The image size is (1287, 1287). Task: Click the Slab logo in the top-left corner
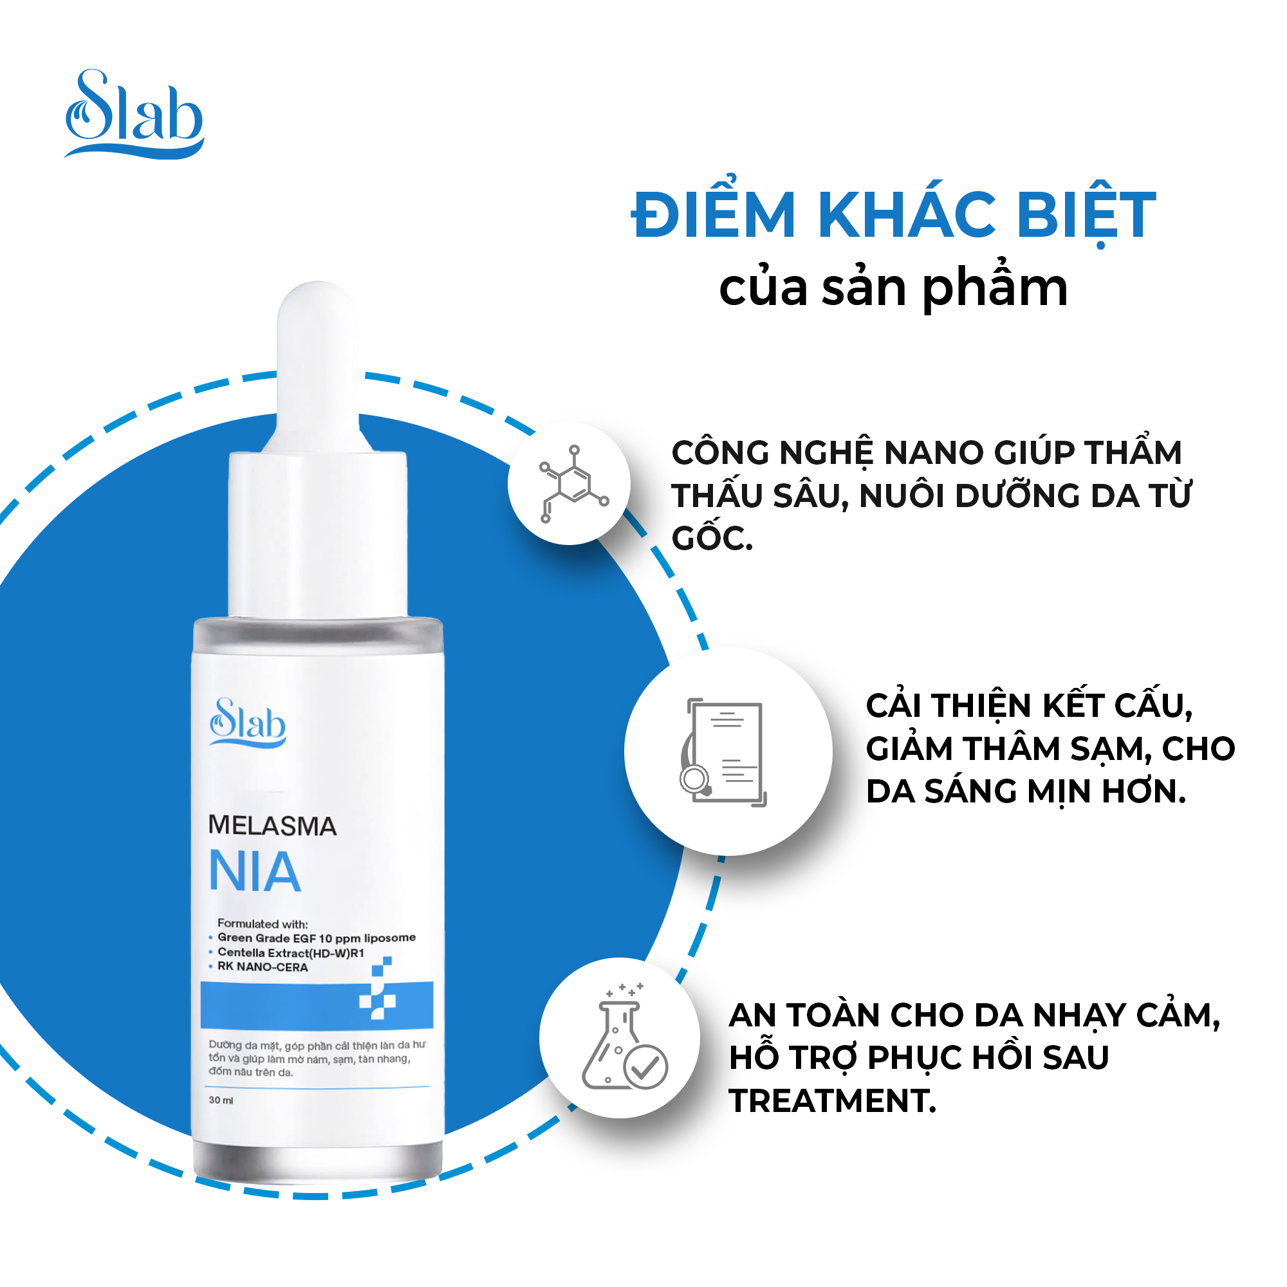(134, 114)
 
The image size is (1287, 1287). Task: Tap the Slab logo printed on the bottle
(248, 722)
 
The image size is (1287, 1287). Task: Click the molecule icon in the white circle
(573, 484)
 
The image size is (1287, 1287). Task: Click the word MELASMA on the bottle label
(272, 826)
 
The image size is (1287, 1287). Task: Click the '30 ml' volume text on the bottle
(221, 1100)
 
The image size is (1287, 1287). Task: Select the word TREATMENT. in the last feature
(833, 1100)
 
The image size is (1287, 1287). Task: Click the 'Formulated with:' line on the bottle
(263, 924)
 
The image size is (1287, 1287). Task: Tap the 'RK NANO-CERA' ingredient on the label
(263, 967)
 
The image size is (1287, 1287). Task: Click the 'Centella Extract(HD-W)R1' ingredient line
(291, 952)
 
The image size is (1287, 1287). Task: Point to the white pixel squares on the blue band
(377, 988)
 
